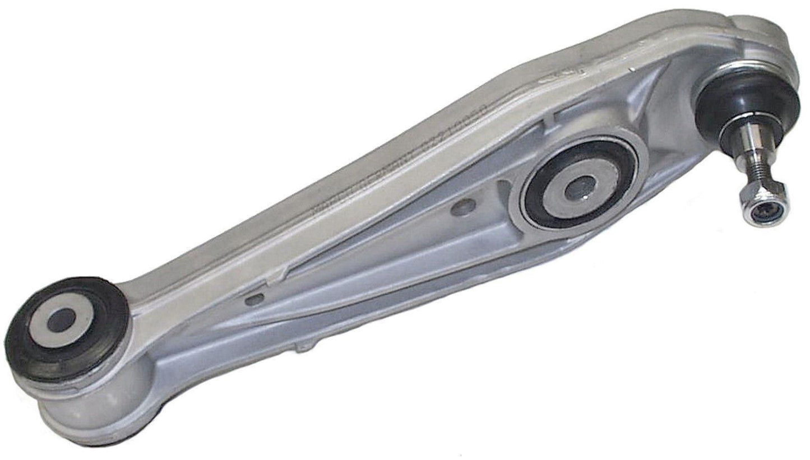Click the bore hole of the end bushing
click(x=60, y=320)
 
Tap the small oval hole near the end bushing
click(x=254, y=299)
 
